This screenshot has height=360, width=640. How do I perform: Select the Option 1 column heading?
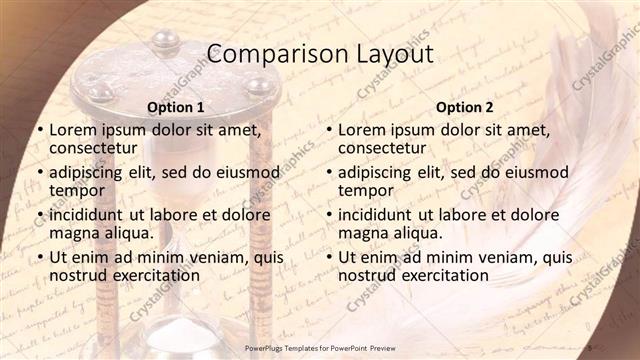click(x=176, y=107)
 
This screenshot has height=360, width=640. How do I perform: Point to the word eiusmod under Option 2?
click(x=536, y=171)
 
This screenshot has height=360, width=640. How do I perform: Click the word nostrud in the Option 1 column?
click(x=76, y=275)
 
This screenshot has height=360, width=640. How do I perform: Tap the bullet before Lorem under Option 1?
click(x=39, y=130)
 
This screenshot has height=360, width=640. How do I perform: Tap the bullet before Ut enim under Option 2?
click(x=328, y=257)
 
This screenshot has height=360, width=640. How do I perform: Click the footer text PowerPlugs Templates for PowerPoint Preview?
click(x=318, y=346)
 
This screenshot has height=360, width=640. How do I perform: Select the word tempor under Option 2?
click(x=365, y=190)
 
